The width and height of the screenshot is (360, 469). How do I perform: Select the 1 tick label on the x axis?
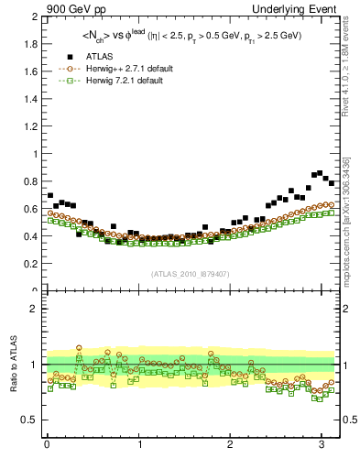pos(139,445)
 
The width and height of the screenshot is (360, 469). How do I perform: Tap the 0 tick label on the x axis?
pos(48,445)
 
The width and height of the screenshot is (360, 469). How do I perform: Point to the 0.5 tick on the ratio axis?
pos(32,420)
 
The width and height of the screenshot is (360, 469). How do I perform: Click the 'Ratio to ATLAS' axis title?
pos(13,364)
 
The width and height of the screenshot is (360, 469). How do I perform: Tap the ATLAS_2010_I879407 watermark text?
pos(190,273)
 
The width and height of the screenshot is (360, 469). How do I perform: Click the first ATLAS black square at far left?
pos(50,196)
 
